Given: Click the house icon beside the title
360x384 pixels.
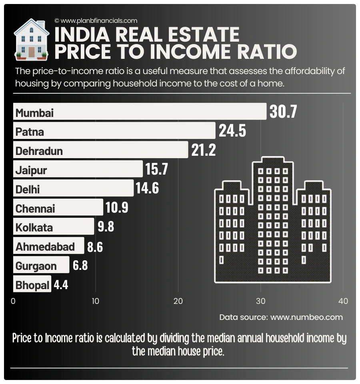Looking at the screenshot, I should click(31, 39).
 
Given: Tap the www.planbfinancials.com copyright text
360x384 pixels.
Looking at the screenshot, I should click(96, 20).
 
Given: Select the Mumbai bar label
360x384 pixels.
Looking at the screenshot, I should click(34, 113).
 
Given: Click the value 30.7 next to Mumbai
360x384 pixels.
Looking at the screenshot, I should click(283, 112).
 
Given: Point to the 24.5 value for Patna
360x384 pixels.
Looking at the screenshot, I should click(232, 131).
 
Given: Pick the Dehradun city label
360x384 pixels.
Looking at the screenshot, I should click(39, 151).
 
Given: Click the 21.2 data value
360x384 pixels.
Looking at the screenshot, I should click(204, 150).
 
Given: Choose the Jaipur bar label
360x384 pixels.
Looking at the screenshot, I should click(31, 171).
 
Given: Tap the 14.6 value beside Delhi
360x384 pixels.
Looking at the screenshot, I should click(147, 188).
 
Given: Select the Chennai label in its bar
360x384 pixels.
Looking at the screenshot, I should click(35, 209).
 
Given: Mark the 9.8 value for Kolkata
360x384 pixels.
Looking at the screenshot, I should click(106, 227).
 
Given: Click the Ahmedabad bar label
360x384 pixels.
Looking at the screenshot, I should click(45, 247).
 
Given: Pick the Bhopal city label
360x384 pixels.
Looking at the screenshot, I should click(32, 285).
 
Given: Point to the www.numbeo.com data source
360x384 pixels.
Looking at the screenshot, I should click(306, 317).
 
